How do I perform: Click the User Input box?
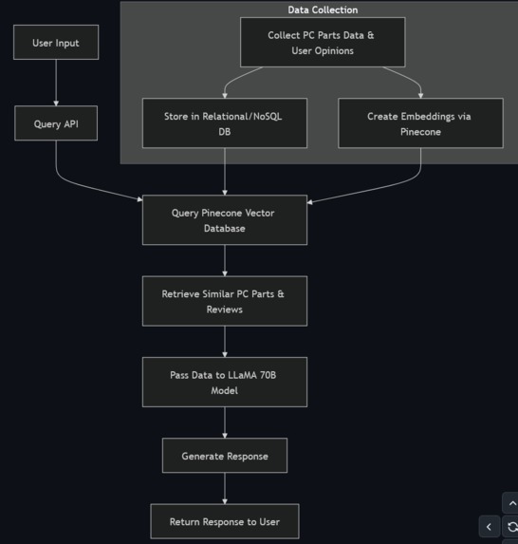pos(56,43)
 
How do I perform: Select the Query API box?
pos(56,123)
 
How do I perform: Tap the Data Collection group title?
pos(323,9)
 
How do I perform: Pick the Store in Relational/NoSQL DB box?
pos(224,123)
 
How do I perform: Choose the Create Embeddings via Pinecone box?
pos(419,123)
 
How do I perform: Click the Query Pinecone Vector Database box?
pos(224,220)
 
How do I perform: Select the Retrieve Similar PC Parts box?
pos(224,301)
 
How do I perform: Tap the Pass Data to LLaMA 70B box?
pos(224,382)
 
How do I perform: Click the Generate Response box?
pos(225,456)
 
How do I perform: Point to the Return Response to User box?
pos(225,521)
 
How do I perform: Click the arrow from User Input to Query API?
pos(56,83)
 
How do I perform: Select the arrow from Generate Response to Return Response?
pos(225,489)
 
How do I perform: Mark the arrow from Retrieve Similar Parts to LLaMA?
pos(225,342)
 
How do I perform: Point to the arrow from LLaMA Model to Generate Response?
pos(225,422)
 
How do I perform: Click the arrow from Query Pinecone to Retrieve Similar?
pos(225,260)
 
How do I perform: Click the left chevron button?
pos(489,526)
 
